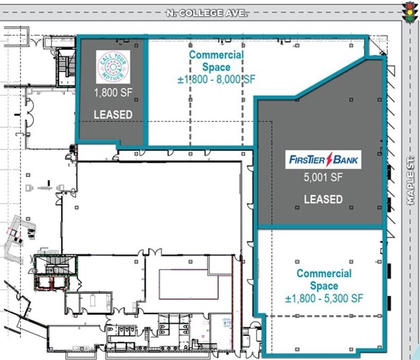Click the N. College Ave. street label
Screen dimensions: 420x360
click(206, 13)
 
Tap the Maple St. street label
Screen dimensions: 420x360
click(410, 181)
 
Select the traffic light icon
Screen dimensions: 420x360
click(410, 12)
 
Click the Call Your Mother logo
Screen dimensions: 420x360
click(113, 67)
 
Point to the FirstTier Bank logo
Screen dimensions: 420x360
click(323, 160)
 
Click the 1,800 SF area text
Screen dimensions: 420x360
click(113, 93)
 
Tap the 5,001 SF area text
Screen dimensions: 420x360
click(323, 177)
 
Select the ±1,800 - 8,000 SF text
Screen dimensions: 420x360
click(216, 80)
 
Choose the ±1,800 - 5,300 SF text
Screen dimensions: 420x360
click(324, 298)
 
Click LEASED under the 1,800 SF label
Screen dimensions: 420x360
click(113, 115)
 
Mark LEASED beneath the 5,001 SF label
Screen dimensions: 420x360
click(323, 199)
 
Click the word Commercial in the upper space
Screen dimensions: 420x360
click(216, 55)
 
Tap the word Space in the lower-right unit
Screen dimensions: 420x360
click(324, 286)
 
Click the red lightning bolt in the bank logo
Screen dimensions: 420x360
click(329, 160)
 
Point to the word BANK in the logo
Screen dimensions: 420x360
click(345, 160)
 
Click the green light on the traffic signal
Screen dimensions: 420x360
click(410, 19)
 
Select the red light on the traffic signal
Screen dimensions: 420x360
click(410, 6)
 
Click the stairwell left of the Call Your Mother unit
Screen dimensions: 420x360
click(66, 67)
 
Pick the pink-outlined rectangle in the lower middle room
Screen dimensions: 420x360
click(189, 284)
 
